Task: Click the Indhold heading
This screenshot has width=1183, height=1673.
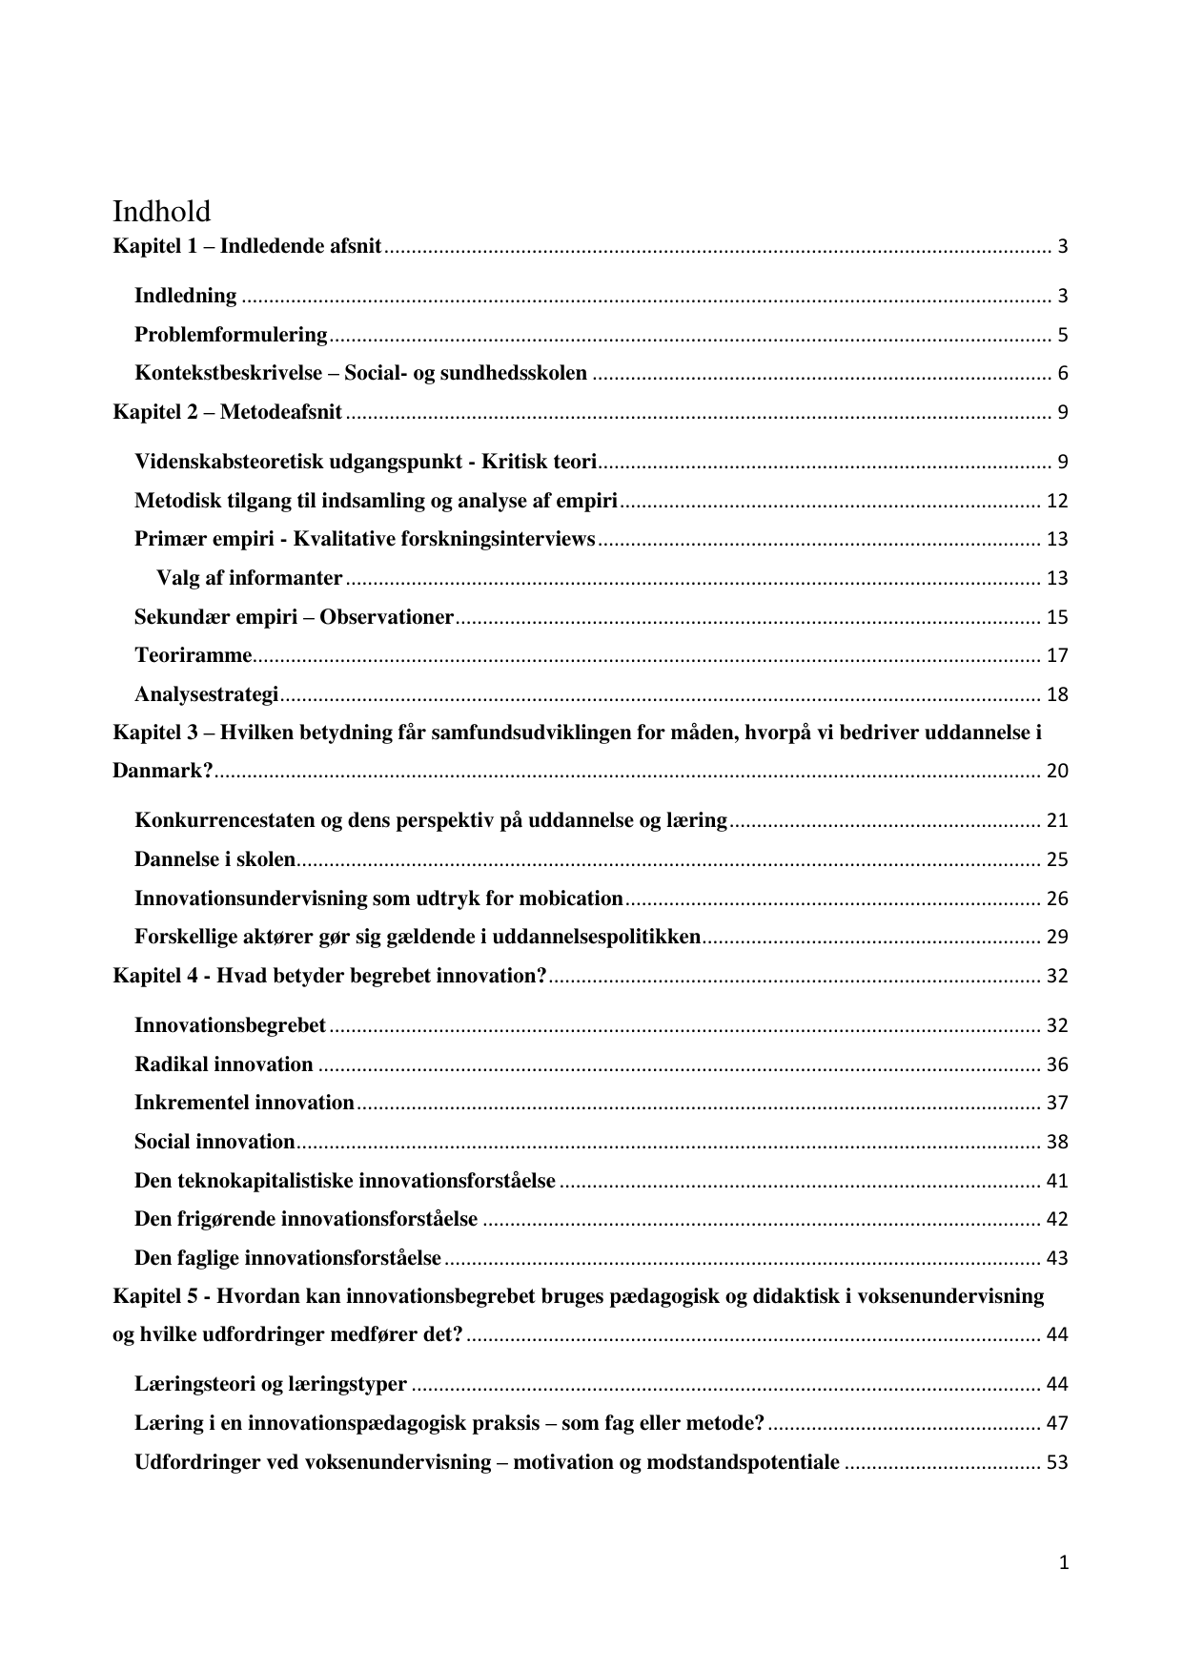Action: (x=161, y=211)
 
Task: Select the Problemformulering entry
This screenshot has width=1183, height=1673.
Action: (x=231, y=335)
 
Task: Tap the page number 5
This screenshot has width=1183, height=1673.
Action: (x=1062, y=336)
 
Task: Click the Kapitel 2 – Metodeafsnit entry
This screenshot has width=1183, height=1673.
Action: (x=227, y=412)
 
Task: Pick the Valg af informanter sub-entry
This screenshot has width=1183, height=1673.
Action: (x=249, y=578)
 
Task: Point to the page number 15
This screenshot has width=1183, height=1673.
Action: (x=1057, y=617)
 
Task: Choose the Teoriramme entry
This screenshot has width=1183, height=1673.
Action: (x=193, y=655)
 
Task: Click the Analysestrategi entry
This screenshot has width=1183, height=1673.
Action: (x=206, y=694)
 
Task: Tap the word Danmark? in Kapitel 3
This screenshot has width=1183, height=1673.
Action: (x=162, y=771)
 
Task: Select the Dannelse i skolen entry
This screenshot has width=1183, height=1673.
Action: (x=214, y=859)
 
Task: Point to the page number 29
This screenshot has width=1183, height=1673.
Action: (x=1057, y=937)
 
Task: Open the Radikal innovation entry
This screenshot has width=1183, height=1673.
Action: (x=223, y=1064)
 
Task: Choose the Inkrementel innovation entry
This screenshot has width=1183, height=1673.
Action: (x=244, y=1103)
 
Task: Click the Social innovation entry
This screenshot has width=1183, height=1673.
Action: (x=214, y=1142)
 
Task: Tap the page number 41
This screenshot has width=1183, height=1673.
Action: (x=1057, y=1181)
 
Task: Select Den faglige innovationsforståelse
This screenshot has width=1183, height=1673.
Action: (x=287, y=1258)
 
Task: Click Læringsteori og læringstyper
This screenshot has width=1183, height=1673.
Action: (x=271, y=1384)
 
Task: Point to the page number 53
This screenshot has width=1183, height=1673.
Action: (x=1057, y=1462)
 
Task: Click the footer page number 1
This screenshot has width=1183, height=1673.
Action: (x=1064, y=1562)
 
